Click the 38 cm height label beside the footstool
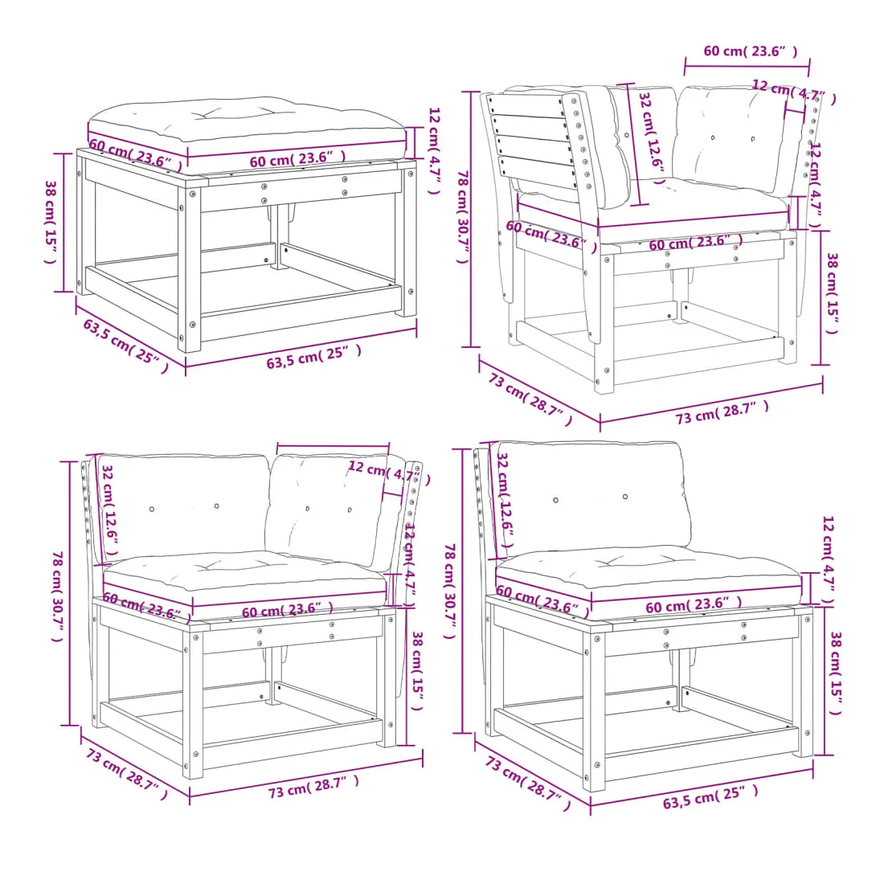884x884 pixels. click(51, 222)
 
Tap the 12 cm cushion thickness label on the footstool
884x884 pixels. click(433, 150)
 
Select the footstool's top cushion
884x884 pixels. click(247, 128)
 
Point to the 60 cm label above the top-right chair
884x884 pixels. click(751, 51)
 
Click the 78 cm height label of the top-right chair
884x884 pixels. click(462, 217)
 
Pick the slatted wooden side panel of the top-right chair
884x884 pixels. click(531, 142)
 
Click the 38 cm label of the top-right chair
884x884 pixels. click(832, 293)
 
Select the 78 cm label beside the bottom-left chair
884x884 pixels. click(58, 596)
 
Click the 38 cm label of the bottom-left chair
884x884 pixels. click(417, 671)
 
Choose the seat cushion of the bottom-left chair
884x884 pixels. click(244, 577)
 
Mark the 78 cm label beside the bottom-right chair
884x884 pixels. click(449, 591)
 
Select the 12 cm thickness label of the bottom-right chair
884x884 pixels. click(827, 560)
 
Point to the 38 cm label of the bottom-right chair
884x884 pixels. click(836, 673)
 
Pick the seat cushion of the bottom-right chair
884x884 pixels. click(649, 575)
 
